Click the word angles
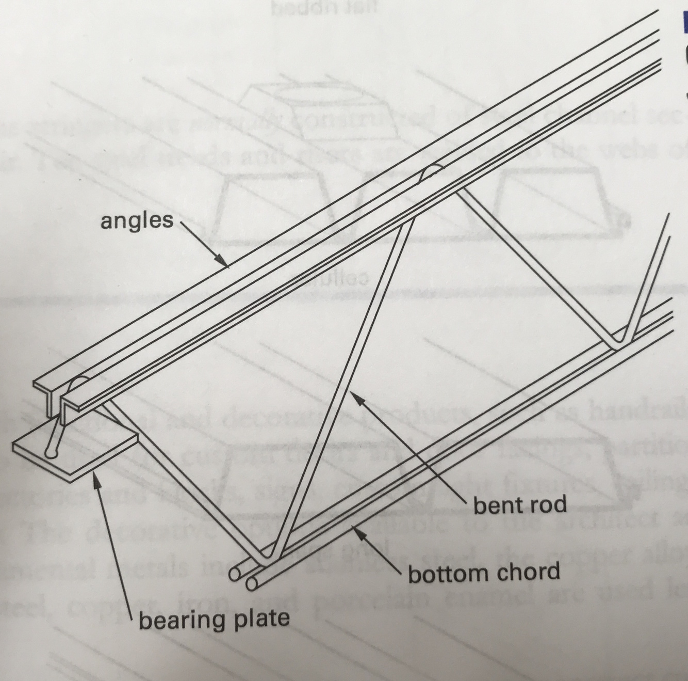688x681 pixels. pos(137,221)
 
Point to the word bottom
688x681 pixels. pos(444,574)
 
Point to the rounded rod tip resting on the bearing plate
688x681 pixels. pos(51,453)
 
